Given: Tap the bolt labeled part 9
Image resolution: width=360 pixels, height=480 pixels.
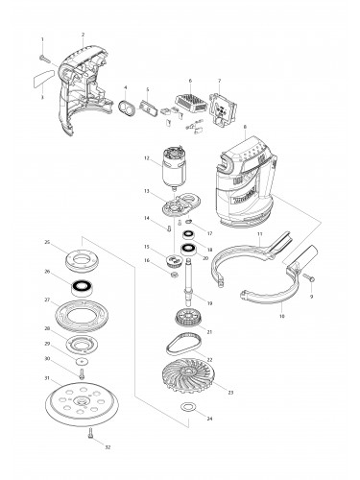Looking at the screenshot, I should (x=311, y=279).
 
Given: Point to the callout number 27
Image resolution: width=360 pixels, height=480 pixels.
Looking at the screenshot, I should (x=47, y=300).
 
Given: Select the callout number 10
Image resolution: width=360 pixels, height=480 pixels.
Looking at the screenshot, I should (x=281, y=315).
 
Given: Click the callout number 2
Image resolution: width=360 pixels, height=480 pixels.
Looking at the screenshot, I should (x=84, y=34).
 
